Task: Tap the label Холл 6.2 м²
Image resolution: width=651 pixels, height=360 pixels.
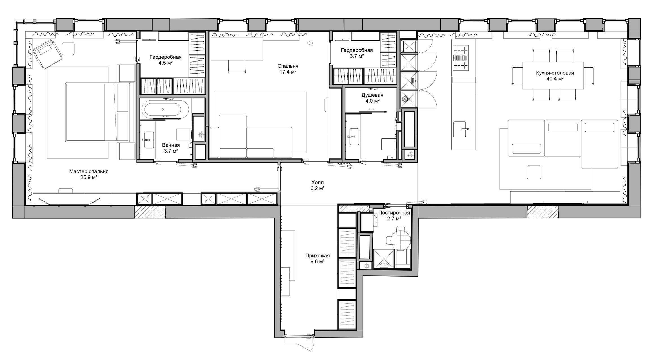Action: (317, 185)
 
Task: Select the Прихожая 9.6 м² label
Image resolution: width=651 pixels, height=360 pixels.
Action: (317, 259)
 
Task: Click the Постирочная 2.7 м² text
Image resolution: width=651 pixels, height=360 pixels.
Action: (394, 215)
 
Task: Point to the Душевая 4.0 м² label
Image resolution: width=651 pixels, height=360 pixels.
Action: (372, 98)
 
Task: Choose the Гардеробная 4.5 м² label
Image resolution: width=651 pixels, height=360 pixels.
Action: (165, 60)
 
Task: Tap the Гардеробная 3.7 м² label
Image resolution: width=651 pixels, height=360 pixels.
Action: (357, 53)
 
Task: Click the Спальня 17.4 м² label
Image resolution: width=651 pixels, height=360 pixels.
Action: (288, 69)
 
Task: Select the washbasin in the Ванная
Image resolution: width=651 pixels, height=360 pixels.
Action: (149, 140)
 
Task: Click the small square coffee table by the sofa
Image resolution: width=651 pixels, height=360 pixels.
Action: (534, 172)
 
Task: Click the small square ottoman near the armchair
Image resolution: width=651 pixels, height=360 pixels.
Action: (68, 48)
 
